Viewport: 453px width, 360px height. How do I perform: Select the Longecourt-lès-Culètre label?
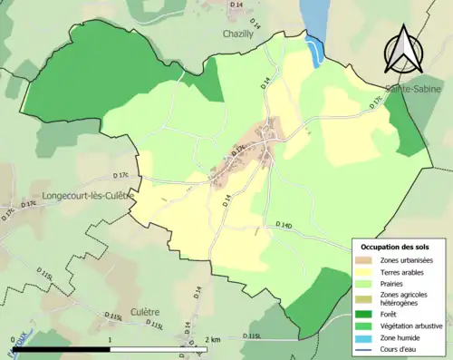pos(88,195)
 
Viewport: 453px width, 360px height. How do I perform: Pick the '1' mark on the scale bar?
pos(110,339)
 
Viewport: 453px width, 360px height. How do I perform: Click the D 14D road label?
pos(282,226)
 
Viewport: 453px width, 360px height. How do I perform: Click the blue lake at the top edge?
pos(313,23)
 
